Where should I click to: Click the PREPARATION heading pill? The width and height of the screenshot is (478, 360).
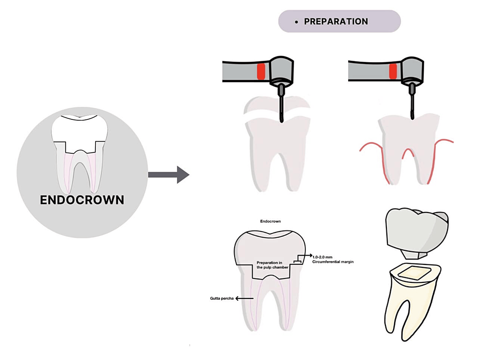339,21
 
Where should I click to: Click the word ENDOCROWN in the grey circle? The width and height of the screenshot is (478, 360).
82,200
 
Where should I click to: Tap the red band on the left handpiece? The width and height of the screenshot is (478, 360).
261,71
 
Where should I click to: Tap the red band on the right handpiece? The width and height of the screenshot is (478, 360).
393,71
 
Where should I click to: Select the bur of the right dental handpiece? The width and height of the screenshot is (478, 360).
412,103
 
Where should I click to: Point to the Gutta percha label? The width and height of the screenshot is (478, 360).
219,299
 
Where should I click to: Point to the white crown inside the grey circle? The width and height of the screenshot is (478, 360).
79,128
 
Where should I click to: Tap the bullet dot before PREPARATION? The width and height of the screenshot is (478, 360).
296,22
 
